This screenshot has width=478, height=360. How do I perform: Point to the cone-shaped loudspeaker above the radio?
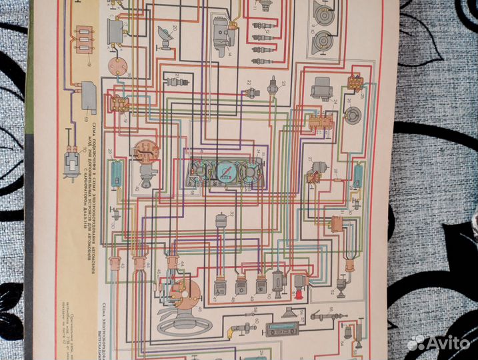point(290,312)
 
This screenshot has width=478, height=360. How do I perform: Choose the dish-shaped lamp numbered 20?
point(163,35)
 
